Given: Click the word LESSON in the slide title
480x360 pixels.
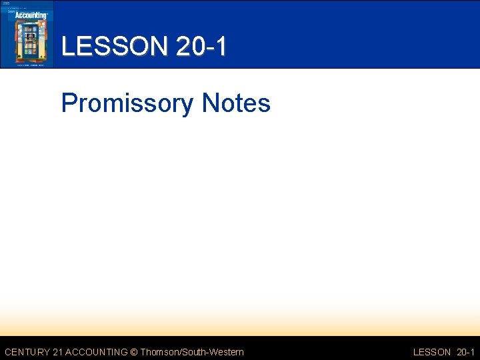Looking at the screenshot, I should click(x=115, y=47).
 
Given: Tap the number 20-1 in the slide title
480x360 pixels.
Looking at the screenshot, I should click(x=201, y=47).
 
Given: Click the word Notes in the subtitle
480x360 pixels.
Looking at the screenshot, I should click(x=236, y=103).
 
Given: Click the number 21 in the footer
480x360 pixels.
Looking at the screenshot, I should click(x=59, y=352).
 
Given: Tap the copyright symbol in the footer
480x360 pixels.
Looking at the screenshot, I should click(x=134, y=352).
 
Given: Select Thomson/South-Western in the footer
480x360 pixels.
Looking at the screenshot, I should click(x=192, y=352).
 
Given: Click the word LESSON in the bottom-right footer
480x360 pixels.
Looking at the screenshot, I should click(x=432, y=352).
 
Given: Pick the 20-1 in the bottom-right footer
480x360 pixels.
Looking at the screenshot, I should click(x=465, y=352).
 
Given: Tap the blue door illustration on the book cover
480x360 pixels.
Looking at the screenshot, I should click(x=29, y=41).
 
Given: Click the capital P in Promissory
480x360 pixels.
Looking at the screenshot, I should click(x=68, y=103).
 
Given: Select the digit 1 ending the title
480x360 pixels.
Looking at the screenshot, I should click(x=220, y=47).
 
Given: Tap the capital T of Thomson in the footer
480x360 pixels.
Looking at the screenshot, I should click(x=142, y=352).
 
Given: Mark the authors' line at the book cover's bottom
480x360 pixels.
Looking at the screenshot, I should click(x=27, y=63).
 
